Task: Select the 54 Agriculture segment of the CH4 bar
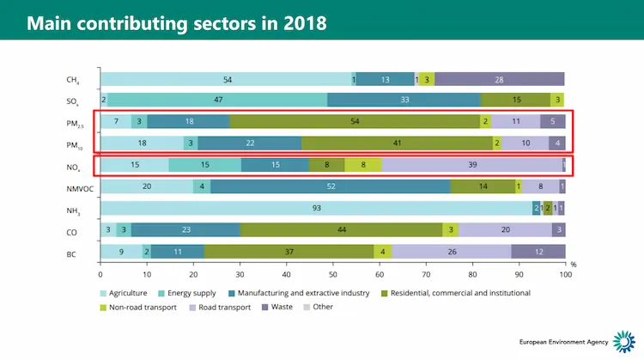pyautogui.click(x=227, y=79)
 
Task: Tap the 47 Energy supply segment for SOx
pyautogui.click(x=218, y=101)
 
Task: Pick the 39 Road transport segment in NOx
pyautogui.click(x=471, y=165)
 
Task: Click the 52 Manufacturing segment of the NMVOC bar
pyautogui.click(x=330, y=186)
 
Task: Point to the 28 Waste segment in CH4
pyautogui.click(x=499, y=79)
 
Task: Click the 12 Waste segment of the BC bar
pyautogui.click(x=538, y=251)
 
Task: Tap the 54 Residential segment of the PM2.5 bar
pyautogui.click(x=355, y=122)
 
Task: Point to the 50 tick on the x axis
pyautogui.click(x=332, y=274)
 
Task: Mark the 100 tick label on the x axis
pyautogui.click(x=564, y=274)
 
